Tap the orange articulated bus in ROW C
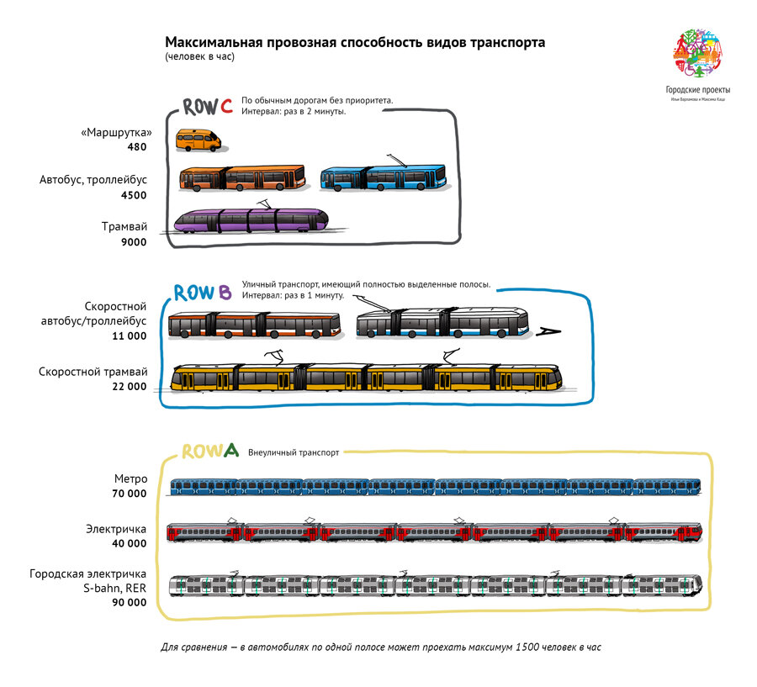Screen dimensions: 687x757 (242, 178)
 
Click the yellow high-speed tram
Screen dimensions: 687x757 (366, 378)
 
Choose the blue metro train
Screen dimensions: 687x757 (435, 486)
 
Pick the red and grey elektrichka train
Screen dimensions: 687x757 (435, 531)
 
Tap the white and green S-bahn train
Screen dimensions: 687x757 (435, 585)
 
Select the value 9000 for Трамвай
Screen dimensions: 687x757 (133, 242)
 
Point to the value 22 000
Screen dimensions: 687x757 (129, 386)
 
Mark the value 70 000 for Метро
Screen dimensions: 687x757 (129, 494)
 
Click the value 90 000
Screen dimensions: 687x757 (129, 602)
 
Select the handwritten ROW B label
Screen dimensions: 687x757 (202, 293)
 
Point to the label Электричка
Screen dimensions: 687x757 (118, 529)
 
